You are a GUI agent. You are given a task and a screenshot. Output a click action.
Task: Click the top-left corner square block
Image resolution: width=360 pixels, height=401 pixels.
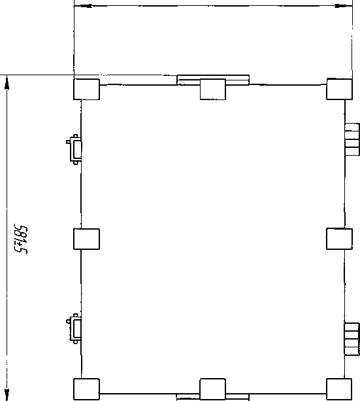pyautogui.click(x=86, y=89)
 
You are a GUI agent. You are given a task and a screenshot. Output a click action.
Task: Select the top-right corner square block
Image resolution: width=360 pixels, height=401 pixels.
pyautogui.click(x=339, y=89)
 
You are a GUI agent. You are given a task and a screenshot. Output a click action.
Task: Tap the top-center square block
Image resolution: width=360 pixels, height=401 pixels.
pyautogui.click(x=213, y=89)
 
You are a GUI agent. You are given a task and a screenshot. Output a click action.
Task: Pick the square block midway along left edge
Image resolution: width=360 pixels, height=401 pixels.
pyautogui.click(x=86, y=239)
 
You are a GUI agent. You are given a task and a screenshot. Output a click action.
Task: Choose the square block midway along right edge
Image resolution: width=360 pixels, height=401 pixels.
pyautogui.click(x=339, y=239)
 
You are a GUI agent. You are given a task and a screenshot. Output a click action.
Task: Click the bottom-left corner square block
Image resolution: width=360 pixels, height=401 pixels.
pyautogui.click(x=86, y=389)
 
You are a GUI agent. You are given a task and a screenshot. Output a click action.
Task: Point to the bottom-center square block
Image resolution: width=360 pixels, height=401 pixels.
pyautogui.click(x=213, y=389)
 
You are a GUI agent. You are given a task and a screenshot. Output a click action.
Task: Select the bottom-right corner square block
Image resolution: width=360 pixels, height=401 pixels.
pyautogui.click(x=339, y=389)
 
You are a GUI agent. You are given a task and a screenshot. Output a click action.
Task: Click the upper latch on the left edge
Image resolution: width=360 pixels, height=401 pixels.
pyautogui.click(x=74, y=149)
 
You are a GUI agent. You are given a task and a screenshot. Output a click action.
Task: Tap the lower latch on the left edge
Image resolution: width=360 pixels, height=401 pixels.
pyautogui.click(x=74, y=328)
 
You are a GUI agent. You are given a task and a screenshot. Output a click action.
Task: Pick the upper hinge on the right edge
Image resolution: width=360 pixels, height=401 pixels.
pyautogui.click(x=352, y=139)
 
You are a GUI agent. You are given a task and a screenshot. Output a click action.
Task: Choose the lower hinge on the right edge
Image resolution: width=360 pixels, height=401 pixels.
pyautogui.click(x=352, y=339)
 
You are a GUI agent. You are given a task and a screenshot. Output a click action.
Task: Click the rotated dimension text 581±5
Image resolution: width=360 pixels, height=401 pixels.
pyautogui.click(x=20, y=239)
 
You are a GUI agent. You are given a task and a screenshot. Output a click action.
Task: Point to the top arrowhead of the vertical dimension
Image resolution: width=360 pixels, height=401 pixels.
pyautogui.click(x=7, y=82)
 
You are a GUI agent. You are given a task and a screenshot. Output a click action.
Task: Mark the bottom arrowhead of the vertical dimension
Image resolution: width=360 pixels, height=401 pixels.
pyautogui.click(x=7, y=394)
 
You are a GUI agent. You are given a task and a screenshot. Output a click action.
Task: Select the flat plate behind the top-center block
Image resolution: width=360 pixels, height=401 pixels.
pyautogui.click(x=213, y=80)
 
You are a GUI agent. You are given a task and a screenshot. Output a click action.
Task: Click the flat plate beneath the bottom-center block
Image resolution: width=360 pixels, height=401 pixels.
pyautogui.click(x=212, y=398)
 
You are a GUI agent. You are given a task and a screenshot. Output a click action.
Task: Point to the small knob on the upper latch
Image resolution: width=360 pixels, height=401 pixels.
pyautogui.click(x=68, y=142)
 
